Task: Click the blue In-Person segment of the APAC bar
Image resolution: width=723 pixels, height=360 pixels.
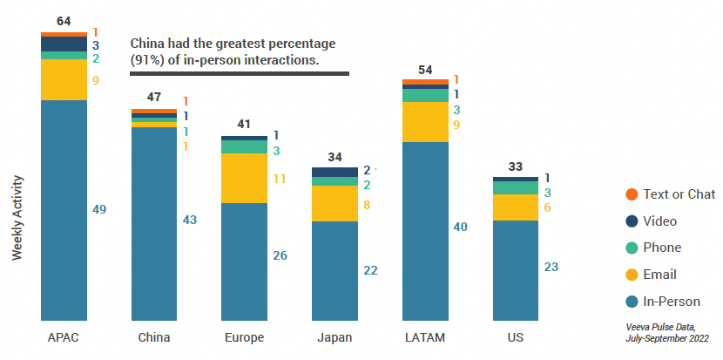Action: (x=64, y=210)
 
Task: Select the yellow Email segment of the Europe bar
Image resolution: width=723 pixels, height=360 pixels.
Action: (x=244, y=178)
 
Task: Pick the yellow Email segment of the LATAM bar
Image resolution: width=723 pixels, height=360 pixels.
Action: (x=425, y=122)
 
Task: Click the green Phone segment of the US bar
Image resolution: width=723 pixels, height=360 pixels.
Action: (x=516, y=187)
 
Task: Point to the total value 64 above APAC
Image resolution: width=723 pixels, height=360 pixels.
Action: (x=64, y=21)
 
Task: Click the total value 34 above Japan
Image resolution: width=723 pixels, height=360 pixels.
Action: (x=335, y=157)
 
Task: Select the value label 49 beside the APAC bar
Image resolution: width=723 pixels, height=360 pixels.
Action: (x=100, y=209)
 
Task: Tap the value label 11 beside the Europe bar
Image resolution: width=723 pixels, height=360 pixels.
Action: (x=280, y=179)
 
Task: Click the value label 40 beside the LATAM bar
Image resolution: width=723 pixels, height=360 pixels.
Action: (x=461, y=227)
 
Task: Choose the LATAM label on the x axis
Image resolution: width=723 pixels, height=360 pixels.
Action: (x=425, y=337)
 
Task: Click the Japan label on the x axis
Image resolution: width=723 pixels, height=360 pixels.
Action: (x=335, y=337)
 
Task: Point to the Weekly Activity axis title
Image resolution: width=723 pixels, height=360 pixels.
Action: (x=17, y=218)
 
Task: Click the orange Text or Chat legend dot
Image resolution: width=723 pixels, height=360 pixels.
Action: (x=632, y=194)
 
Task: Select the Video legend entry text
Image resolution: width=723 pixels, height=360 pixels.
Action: (x=659, y=221)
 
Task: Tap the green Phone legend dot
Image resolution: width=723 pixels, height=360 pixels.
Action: (x=632, y=248)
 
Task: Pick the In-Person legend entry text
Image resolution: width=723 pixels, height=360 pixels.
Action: (x=672, y=302)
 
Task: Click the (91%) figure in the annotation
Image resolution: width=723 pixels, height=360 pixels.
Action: (x=150, y=60)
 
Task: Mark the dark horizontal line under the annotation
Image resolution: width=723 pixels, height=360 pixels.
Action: (x=240, y=73)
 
